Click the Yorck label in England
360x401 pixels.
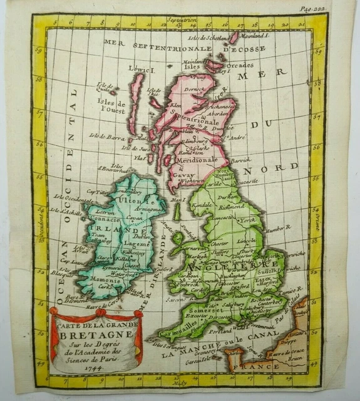pos(249,221)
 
